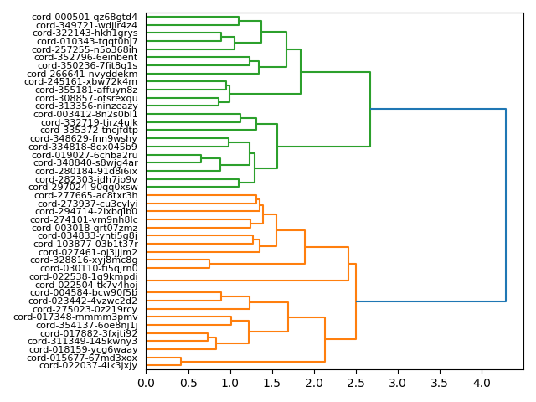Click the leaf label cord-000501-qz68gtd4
pyautogui.click(x=85, y=17)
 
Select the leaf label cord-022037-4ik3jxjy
pyautogui.click(x=88, y=366)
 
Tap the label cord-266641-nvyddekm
pyautogui.click(x=82, y=74)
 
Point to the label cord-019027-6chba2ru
pyautogui.click(x=85, y=155)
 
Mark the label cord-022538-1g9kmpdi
pyautogui.click(x=84, y=276)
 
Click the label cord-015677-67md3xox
pyautogui.click(x=82, y=358)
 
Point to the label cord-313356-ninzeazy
pyautogui.click(x=86, y=106)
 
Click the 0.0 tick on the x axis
pyautogui.click(x=147, y=383)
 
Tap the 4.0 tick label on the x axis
pyautogui.click(x=482, y=383)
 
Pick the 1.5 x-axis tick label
pyautogui.click(x=272, y=383)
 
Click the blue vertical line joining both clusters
pyautogui.click(x=506, y=205)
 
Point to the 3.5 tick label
pyautogui.click(x=440, y=383)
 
